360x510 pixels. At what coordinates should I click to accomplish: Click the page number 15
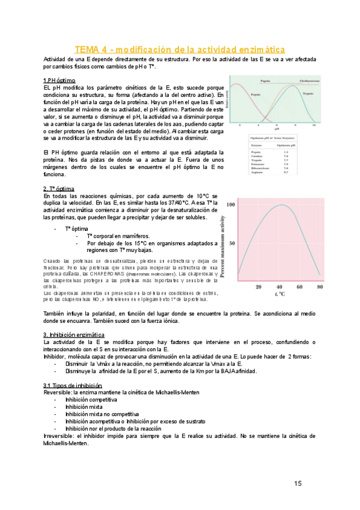[298, 484]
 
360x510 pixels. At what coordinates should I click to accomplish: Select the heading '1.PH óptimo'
[59, 81]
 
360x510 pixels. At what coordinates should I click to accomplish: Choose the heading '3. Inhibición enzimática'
[74, 334]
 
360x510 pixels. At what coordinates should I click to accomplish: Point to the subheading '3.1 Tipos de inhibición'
[72, 386]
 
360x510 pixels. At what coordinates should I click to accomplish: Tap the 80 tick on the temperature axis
[320, 287]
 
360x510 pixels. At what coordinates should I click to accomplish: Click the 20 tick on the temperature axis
[258, 287]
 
